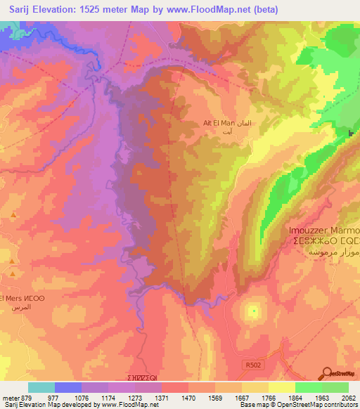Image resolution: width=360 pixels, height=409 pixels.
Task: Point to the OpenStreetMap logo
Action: point(340,373)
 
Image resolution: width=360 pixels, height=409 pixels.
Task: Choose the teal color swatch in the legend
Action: point(41,387)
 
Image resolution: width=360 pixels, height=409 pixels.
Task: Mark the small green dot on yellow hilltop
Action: point(253,309)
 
